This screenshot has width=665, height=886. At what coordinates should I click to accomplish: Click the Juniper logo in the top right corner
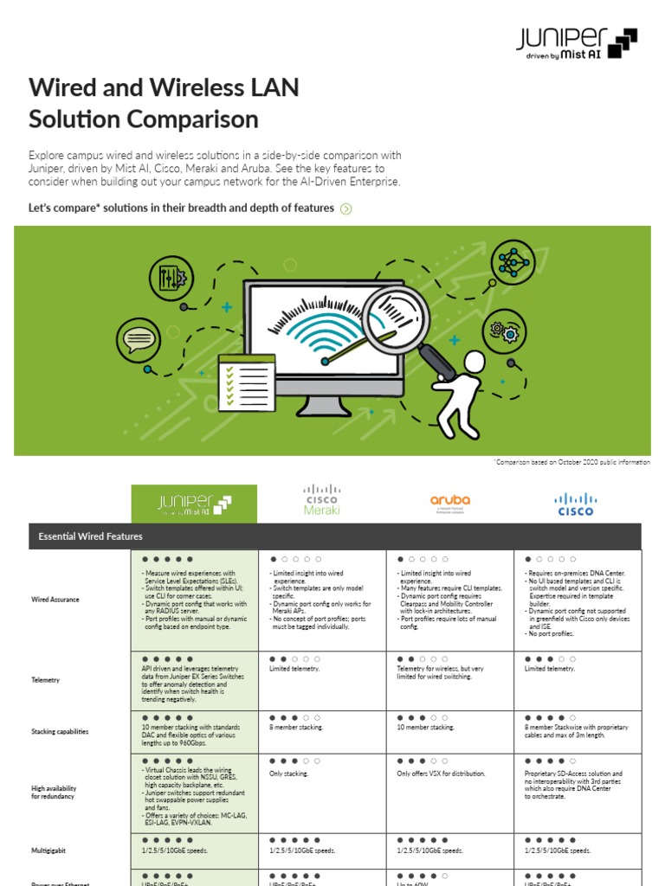[577, 42]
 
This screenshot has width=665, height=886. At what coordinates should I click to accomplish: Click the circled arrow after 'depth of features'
[346, 209]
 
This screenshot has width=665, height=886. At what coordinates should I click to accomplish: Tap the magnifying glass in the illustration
[395, 316]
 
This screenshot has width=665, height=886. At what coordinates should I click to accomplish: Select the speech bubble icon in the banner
[138, 338]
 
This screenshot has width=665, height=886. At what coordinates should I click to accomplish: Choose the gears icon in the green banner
[504, 331]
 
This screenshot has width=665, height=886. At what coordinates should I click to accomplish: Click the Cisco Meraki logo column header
[322, 501]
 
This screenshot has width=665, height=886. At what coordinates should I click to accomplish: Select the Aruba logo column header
[450, 501]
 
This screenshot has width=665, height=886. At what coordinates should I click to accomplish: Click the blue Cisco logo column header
[576, 504]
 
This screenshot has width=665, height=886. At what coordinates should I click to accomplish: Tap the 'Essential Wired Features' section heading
[91, 536]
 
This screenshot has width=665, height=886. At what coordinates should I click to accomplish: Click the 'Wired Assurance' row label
[55, 599]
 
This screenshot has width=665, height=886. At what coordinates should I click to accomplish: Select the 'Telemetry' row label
[46, 680]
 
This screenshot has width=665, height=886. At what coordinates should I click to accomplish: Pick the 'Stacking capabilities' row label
[60, 731]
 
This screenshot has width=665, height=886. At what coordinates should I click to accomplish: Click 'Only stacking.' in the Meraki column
[288, 774]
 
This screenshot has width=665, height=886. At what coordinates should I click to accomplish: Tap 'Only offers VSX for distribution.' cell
[441, 774]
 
